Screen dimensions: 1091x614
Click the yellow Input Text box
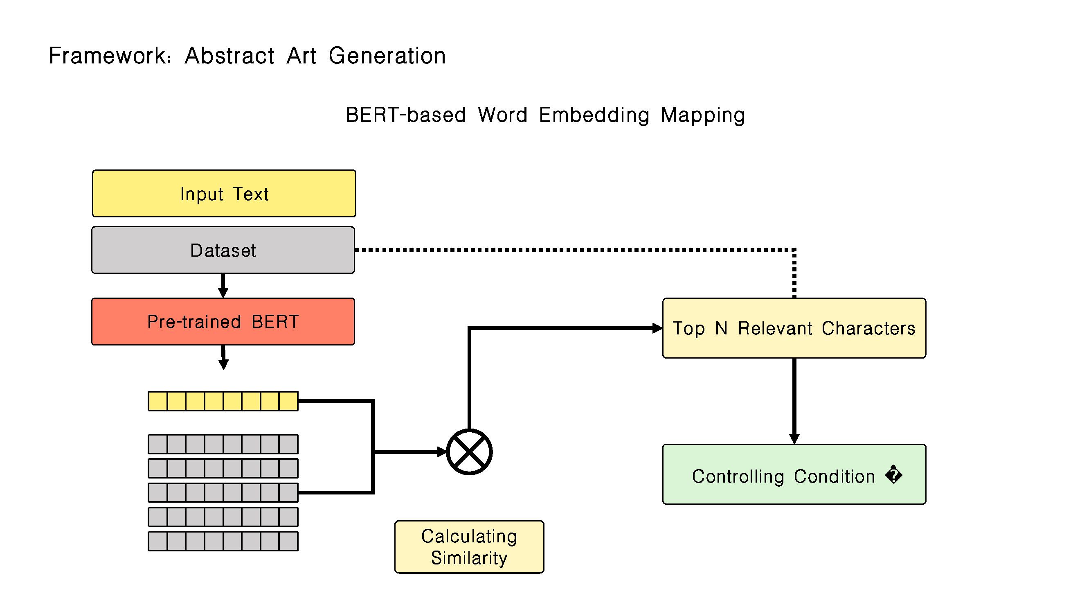(x=224, y=194)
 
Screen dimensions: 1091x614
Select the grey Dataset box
(x=223, y=250)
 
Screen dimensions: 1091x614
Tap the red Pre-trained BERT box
(x=223, y=322)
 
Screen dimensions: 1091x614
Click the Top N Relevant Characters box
(x=794, y=328)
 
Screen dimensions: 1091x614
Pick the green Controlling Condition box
(x=794, y=474)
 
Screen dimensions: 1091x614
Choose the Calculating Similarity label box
(x=469, y=547)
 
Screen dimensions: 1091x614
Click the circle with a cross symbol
(x=469, y=452)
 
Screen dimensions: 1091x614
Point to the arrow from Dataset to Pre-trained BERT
(x=223, y=286)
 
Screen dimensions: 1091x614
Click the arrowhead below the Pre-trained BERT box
(x=223, y=364)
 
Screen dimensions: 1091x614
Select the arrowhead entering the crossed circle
(x=442, y=452)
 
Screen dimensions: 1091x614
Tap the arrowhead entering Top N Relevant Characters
(x=657, y=328)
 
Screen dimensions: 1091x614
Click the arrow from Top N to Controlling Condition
(x=794, y=401)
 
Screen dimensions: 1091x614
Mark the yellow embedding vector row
(x=223, y=401)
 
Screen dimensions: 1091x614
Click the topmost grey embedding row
(x=223, y=444)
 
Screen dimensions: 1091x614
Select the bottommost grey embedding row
(x=223, y=541)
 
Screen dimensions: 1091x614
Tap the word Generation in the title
(x=387, y=56)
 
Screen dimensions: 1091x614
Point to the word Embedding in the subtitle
(x=594, y=115)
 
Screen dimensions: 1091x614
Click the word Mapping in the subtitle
(x=703, y=115)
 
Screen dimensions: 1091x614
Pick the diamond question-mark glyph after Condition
(x=894, y=474)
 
